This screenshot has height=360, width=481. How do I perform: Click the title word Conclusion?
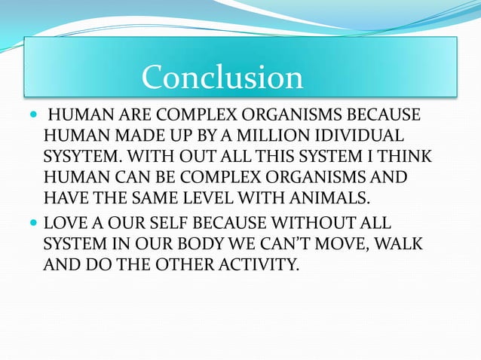coord(222,78)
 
